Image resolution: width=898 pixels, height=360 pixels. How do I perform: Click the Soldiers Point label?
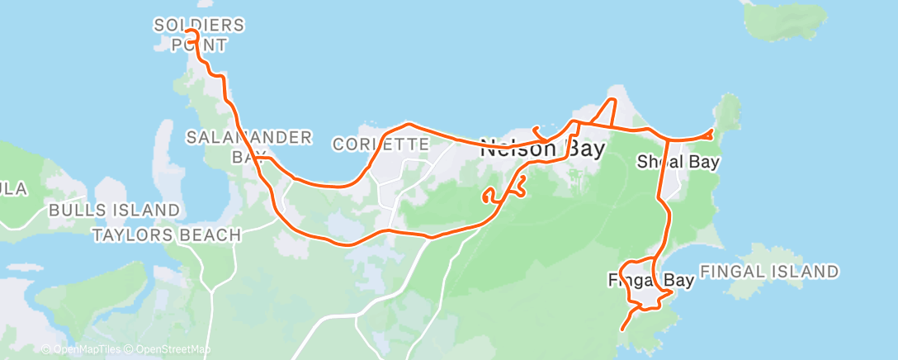[x=199, y=35]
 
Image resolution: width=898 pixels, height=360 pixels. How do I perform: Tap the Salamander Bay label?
[x=249, y=145]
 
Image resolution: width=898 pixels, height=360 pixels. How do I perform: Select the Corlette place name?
[x=380, y=144]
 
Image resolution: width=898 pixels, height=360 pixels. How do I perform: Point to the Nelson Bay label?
[x=542, y=149]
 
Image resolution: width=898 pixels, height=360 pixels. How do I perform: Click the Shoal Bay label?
[x=678, y=162]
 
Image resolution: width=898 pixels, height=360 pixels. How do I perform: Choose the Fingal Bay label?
[x=650, y=280]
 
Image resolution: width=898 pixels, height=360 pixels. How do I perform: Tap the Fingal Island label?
[x=769, y=272]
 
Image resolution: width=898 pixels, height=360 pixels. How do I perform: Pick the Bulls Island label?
[x=114, y=210]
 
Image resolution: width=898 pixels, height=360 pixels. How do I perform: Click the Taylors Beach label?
[x=166, y=235]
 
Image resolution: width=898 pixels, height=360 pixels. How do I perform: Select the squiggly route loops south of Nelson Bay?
[x=503, y=192]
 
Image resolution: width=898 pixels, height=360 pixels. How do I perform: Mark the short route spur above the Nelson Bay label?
[x=537, y=129]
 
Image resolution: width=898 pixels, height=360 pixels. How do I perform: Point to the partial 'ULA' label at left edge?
[x=13, y=189]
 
